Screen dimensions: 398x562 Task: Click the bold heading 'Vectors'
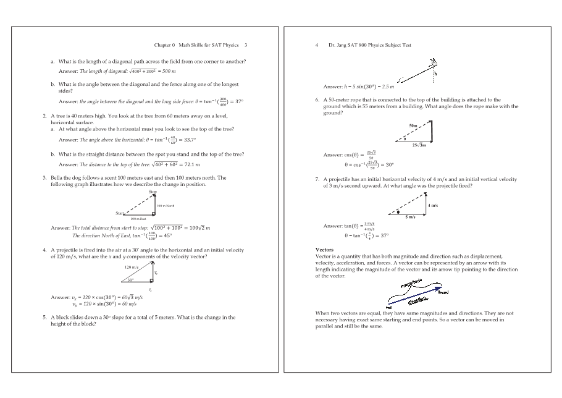click(x=324, y=250)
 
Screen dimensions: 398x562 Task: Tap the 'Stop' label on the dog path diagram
click(x=153, y=192)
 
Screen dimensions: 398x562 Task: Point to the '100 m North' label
click(x=166, y=205)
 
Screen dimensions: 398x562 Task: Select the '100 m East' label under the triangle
click(x=138, y=219)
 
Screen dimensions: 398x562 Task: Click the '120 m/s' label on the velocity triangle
click(x=131, y=267)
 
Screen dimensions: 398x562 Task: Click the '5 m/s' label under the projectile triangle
click(x=411, y=218)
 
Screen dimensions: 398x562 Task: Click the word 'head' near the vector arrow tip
click(x=443, y=292)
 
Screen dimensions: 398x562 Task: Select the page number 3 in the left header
click(x=246, y=45)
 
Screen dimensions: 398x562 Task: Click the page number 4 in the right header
click(x=316, y=45)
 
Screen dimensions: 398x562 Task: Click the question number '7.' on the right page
click(x=317, y=179)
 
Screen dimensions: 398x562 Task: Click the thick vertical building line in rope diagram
click(x=431, y=131)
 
